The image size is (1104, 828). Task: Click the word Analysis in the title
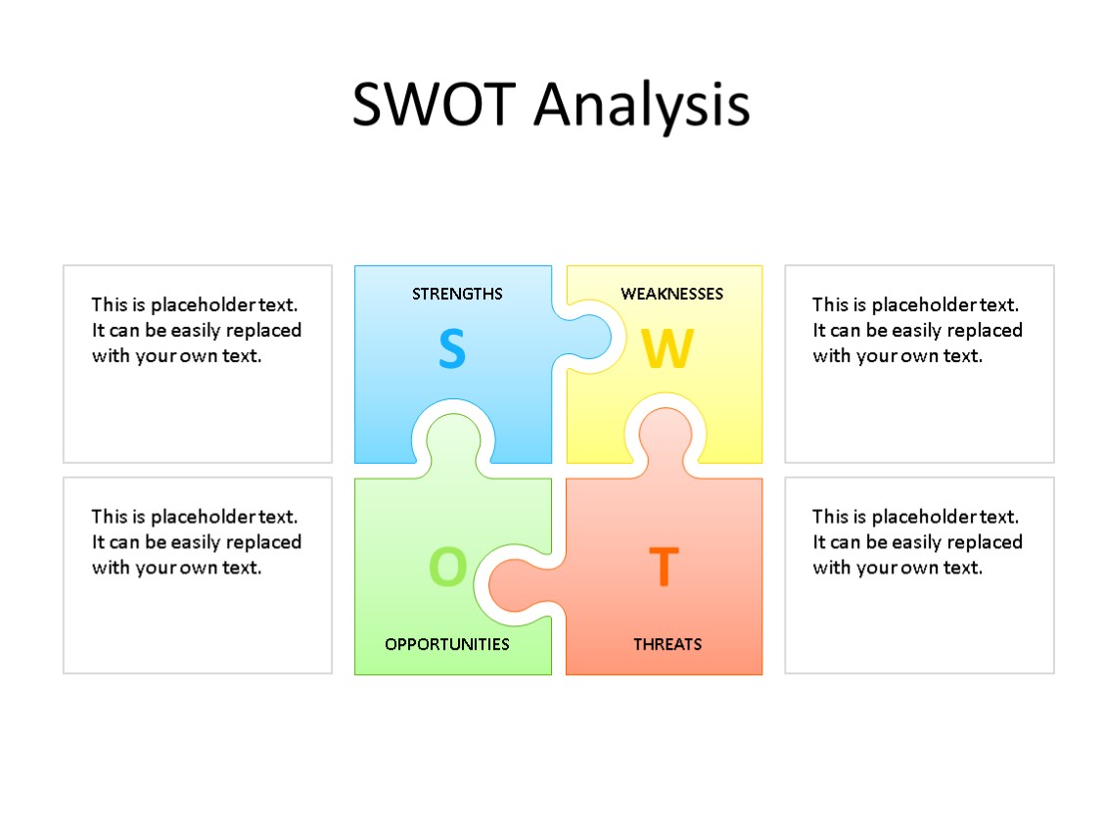[x=642, y=106]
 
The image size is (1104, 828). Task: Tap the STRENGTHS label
[x=457, y=294]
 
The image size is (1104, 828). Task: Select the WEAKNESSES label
[x=671, y=294]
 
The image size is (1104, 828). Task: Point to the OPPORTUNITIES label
[x=447, y=644]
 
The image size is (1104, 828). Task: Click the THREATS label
[x=667, y=644]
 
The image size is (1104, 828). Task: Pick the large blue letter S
[x=451, y=349]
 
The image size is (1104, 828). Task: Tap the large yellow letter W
[x=667, y=349]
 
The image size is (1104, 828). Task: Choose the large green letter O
[x=448, y=567]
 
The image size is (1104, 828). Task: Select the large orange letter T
[x=664, y=567]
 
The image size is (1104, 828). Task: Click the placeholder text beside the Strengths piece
[x=197, y=330]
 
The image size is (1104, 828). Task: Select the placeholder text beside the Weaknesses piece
[x=917, y=330]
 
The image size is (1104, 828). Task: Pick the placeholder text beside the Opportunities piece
[x=197, y=541]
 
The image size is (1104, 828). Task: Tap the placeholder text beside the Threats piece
[x=917, y=541]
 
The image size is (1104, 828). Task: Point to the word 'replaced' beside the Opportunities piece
[x=263, y=541]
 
